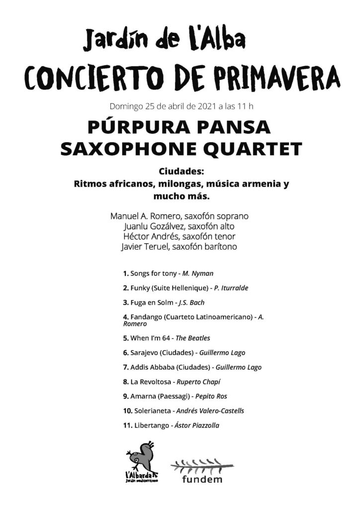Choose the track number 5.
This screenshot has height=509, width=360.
(x=125, y=338)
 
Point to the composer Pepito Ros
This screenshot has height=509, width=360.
(x=212, y=397)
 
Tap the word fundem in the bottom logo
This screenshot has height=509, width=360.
(x=202, y=480)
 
